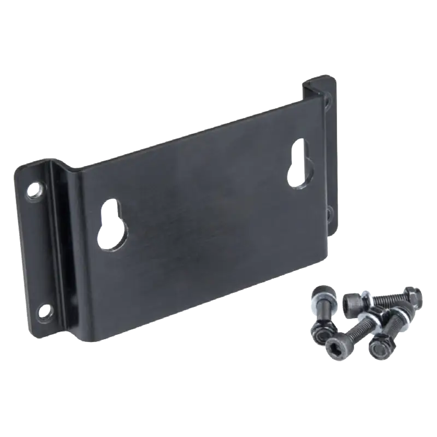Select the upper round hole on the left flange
pos(36,190)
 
